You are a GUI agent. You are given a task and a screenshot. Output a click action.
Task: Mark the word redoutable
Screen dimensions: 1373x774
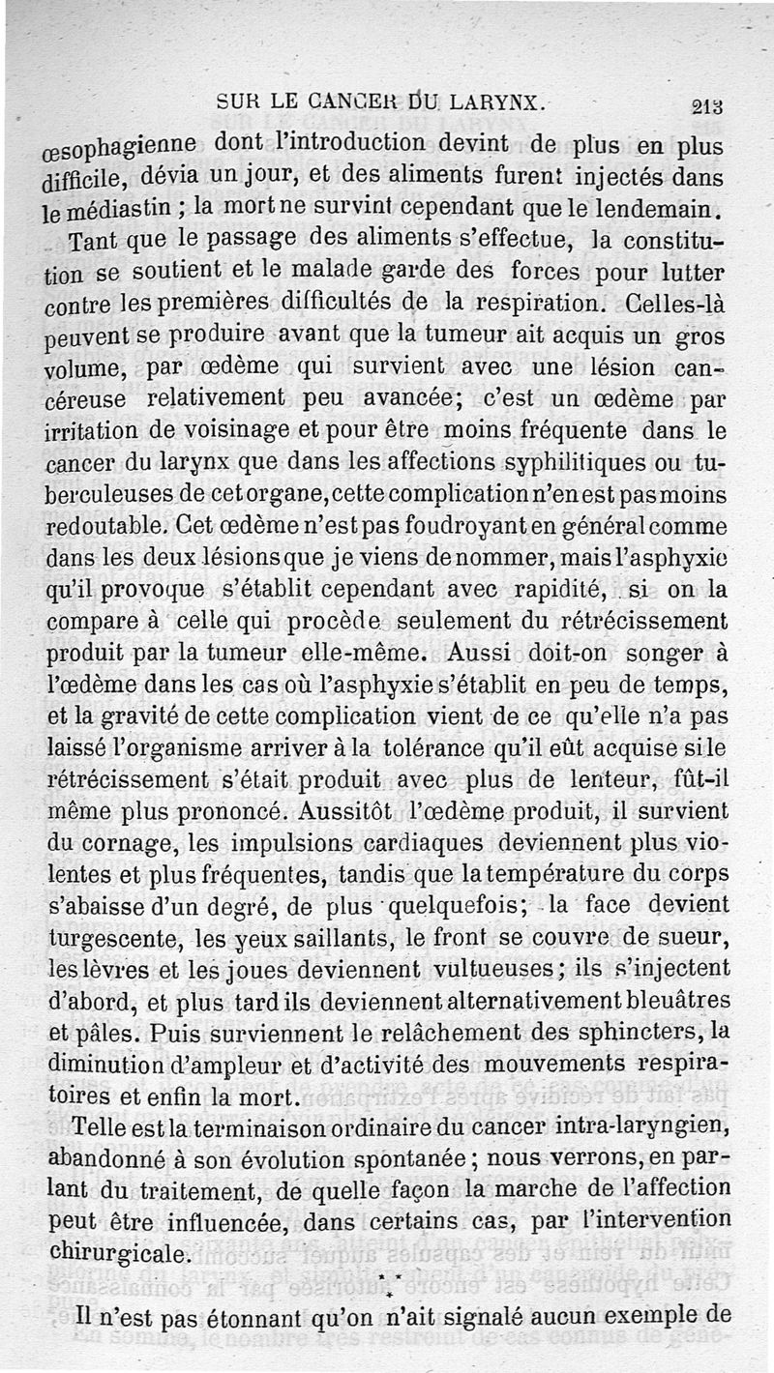104,526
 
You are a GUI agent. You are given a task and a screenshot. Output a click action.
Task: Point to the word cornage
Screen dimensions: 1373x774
115,843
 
